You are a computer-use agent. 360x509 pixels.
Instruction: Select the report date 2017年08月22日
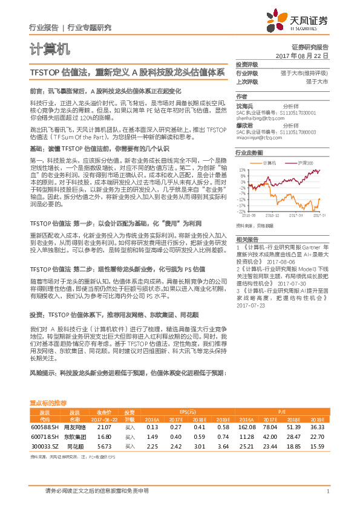(301, 55)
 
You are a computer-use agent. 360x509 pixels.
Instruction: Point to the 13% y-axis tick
(241, 170)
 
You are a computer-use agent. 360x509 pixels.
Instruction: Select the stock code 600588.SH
(44, 427)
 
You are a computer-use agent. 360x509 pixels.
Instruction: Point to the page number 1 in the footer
(327, 491)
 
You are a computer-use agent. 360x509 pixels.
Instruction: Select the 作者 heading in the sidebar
(241, 97)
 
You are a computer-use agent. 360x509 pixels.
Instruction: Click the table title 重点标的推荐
(48, 403)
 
